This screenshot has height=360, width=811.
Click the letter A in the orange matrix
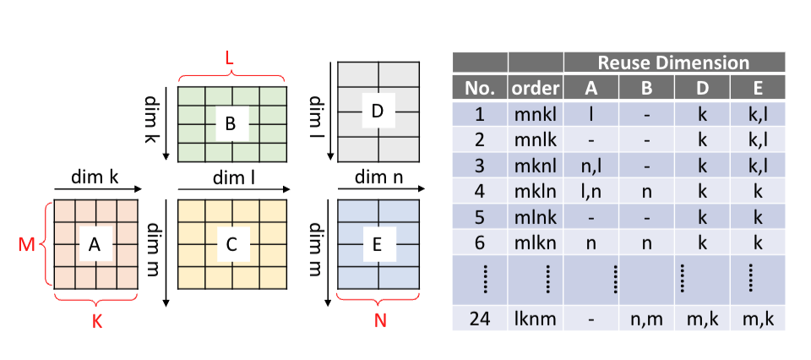click(x=94, y=244)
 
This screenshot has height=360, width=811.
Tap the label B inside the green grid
click(x=229, y=124)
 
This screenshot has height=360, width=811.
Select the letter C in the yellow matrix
click(x=229, y=244)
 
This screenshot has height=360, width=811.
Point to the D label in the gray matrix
click(x=377, y=111)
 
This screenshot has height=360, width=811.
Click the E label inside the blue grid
click(x=377, y=244)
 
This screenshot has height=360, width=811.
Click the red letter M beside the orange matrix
click(x=25, y=245)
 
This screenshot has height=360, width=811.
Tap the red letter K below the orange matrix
click(x=94, y=322)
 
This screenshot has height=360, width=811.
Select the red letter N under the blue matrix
click(x=378, y=322)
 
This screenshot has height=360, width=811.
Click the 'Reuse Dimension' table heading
click(x=673, y=63)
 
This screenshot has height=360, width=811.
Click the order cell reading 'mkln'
click(x=535, y=190)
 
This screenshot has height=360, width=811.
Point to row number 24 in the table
click(x=479, y=319)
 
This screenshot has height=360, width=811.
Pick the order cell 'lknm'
click(x=535, y=319)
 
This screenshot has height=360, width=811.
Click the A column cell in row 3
click(x=591, y=165)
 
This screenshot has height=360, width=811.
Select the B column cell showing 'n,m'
click(x=646, y=319)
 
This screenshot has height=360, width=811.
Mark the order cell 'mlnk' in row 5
click(x=535, y=216)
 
